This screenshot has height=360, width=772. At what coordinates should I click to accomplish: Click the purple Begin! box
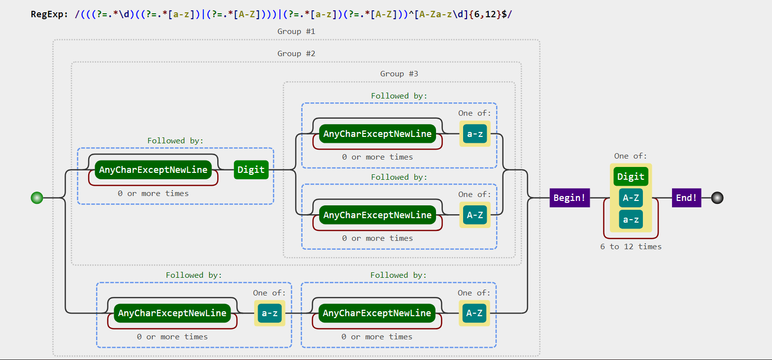coord(570,198)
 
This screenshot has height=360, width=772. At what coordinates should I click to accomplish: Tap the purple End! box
coord(686,198)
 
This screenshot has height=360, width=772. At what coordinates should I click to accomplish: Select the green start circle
coord(37,198)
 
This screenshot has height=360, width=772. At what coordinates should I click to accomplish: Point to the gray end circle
coord(717,198)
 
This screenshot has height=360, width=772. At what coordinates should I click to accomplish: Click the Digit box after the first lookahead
coord(251,169)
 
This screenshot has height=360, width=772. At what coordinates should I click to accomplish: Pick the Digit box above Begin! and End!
coord(631,176)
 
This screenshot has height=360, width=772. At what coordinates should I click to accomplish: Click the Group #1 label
coord(296,32)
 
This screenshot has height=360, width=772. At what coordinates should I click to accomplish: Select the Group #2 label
coord(296,53)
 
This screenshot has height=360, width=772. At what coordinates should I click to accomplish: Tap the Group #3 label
coord(399,74)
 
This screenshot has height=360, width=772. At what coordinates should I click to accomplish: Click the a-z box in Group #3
coord(474,133)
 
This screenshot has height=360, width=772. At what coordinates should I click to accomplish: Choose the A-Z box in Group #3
coord(474,215)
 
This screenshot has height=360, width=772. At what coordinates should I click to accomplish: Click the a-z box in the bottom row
coord(269,313)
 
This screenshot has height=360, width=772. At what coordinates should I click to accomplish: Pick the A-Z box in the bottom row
coord(474,313)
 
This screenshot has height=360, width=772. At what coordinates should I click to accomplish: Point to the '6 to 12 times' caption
coord(631,247)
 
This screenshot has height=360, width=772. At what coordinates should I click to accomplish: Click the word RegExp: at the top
coord(49,14)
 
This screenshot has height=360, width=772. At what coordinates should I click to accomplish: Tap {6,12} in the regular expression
coord(485,14)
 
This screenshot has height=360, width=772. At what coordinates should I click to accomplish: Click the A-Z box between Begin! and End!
coord(631,198)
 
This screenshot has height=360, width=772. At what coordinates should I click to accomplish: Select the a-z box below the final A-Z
coord(631,219)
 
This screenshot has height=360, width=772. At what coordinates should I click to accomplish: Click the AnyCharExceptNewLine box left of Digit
coord(153,169)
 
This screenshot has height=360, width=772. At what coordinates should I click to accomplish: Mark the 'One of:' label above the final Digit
coord(631,156)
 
